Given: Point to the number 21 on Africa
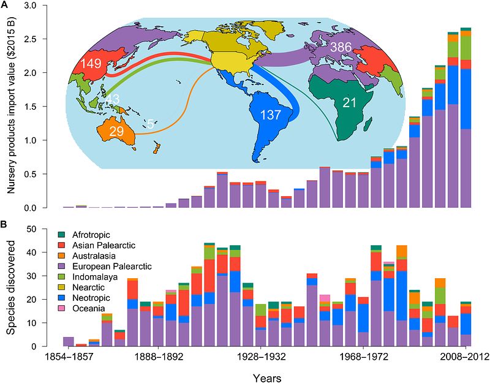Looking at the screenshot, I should click(350, 103).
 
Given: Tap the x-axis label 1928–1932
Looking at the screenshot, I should click(261, 356).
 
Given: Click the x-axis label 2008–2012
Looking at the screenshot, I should click(466, 356).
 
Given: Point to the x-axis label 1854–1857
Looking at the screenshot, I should click(69, 356).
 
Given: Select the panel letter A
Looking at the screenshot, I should click(6, 6).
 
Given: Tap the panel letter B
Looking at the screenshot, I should click(6, 225).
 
